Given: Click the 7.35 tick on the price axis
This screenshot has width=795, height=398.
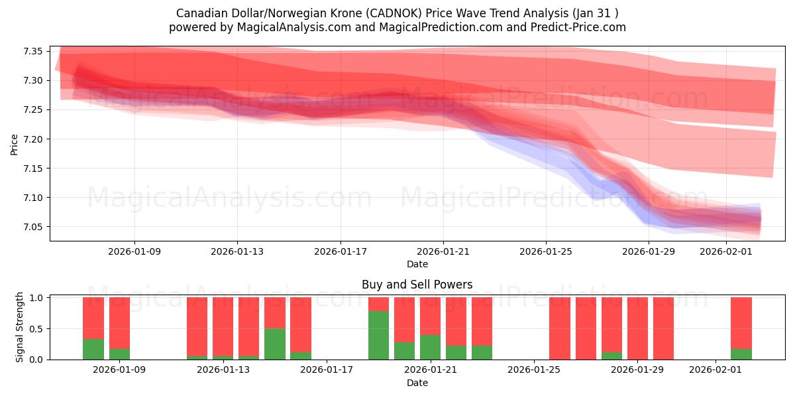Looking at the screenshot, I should click(33, 52).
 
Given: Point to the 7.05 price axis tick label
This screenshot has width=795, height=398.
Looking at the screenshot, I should click(33, 227).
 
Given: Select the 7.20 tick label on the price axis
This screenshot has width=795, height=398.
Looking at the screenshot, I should click(33, 139).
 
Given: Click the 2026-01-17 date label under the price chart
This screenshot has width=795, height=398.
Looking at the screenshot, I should click(341, 252).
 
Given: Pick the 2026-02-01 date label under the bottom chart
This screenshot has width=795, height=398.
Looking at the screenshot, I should click(715, 370).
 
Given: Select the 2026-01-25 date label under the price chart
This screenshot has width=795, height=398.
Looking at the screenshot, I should click(546, 252).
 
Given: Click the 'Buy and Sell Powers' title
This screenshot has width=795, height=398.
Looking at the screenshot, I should click(417, 285).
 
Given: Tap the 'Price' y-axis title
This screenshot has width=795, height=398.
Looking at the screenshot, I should click(15, 144).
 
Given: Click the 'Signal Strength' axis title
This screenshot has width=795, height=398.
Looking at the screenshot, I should click(20, 327).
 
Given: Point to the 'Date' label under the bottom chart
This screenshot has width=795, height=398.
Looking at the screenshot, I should click(417, 383).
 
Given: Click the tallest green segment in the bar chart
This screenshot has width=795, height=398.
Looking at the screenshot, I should click(378, 335).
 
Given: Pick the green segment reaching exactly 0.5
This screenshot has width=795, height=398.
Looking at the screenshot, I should click(275, 344).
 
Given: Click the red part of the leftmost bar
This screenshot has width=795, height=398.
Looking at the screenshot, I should click(93, 318).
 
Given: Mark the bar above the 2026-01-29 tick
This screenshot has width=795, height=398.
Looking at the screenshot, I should click(637, 328).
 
